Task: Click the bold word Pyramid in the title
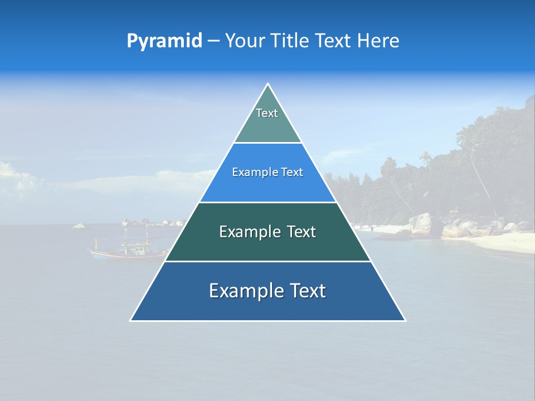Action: [x=164, y=41]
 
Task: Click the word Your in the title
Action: [x=246, y=41]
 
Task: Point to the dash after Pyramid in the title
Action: [x=213, y=41]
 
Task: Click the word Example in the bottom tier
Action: [x=246, y=291]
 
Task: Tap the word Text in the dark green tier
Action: [x=301, y=232]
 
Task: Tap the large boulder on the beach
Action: [x=421, y=225]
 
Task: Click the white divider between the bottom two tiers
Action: [x=267, y=261]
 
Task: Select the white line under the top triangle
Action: [x=267, y=143]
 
